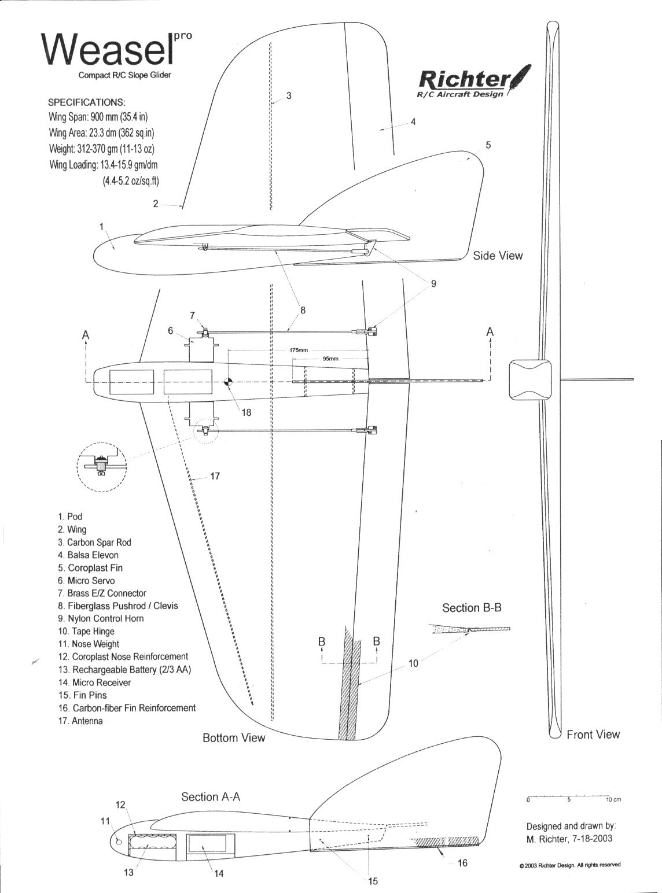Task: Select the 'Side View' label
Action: [498, 256]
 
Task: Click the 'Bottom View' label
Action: [234, 738]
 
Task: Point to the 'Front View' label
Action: [593, 735]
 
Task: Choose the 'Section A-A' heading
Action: [211, 797]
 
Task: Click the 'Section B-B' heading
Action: [472, 608]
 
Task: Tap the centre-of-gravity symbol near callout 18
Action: [229, 382]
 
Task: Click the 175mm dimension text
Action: [299, 350]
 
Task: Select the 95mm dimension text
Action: [330, 359]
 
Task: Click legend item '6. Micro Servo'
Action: [86, 581]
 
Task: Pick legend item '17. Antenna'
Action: [80, 721]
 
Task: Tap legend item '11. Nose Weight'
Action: [89, 644]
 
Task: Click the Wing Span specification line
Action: [98, 116]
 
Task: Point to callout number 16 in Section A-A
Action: [462, 864]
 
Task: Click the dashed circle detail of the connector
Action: [101, 468]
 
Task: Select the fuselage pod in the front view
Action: [530, 379]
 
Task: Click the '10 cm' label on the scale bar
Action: [613, 800]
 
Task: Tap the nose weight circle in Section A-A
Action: [119, 842]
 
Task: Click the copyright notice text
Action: [569, 865]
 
